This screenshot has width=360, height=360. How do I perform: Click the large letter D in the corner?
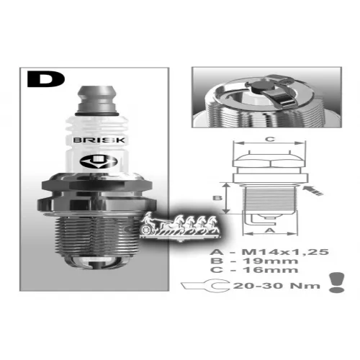(x=46, y=78)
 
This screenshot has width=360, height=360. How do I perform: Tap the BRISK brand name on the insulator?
(x=99, y=140)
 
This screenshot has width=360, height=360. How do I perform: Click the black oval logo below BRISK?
(x=99, y=162)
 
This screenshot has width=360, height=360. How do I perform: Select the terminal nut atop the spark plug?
(x=97, y=99)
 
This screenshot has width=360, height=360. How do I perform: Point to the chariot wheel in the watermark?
(x=146, y=229)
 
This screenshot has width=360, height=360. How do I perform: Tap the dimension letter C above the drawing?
(x=270, y=139)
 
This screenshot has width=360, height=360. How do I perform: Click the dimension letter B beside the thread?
(x=217, y=198)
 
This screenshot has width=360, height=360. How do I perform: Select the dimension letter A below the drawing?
(x=270, y=230)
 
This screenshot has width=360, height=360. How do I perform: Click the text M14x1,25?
(x=285, y=252)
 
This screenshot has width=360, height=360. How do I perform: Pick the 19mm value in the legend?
(x=271, y=261)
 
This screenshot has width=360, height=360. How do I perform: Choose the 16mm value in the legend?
(x=271, y=270)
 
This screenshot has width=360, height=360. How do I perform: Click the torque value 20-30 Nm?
(x=276, y=286)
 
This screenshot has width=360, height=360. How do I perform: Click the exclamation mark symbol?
(x=337, y=282)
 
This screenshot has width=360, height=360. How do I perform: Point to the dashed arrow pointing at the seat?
(x=312, y=191)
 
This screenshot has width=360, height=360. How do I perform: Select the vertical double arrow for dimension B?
(x=225, y=198)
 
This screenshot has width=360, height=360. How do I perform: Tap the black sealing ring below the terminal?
(x=97, y=114)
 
